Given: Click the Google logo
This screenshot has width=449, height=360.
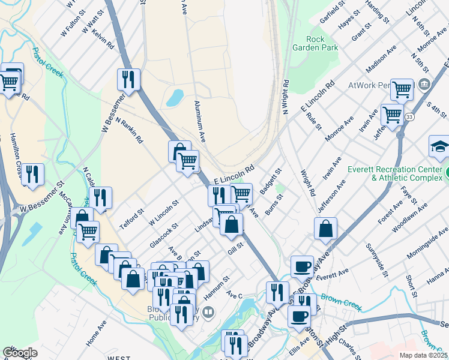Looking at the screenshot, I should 20,353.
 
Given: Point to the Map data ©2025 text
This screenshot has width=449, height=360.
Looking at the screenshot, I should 423,355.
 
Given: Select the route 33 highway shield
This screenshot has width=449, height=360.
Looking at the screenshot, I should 409,116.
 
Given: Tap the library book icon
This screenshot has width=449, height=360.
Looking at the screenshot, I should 208,311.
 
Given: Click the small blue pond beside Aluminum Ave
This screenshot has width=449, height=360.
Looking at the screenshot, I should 174,97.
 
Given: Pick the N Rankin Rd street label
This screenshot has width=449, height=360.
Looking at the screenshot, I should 130,130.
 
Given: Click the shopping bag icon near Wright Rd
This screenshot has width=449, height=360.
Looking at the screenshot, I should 325,229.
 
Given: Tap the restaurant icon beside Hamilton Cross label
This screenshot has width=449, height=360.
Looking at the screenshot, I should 32,174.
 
